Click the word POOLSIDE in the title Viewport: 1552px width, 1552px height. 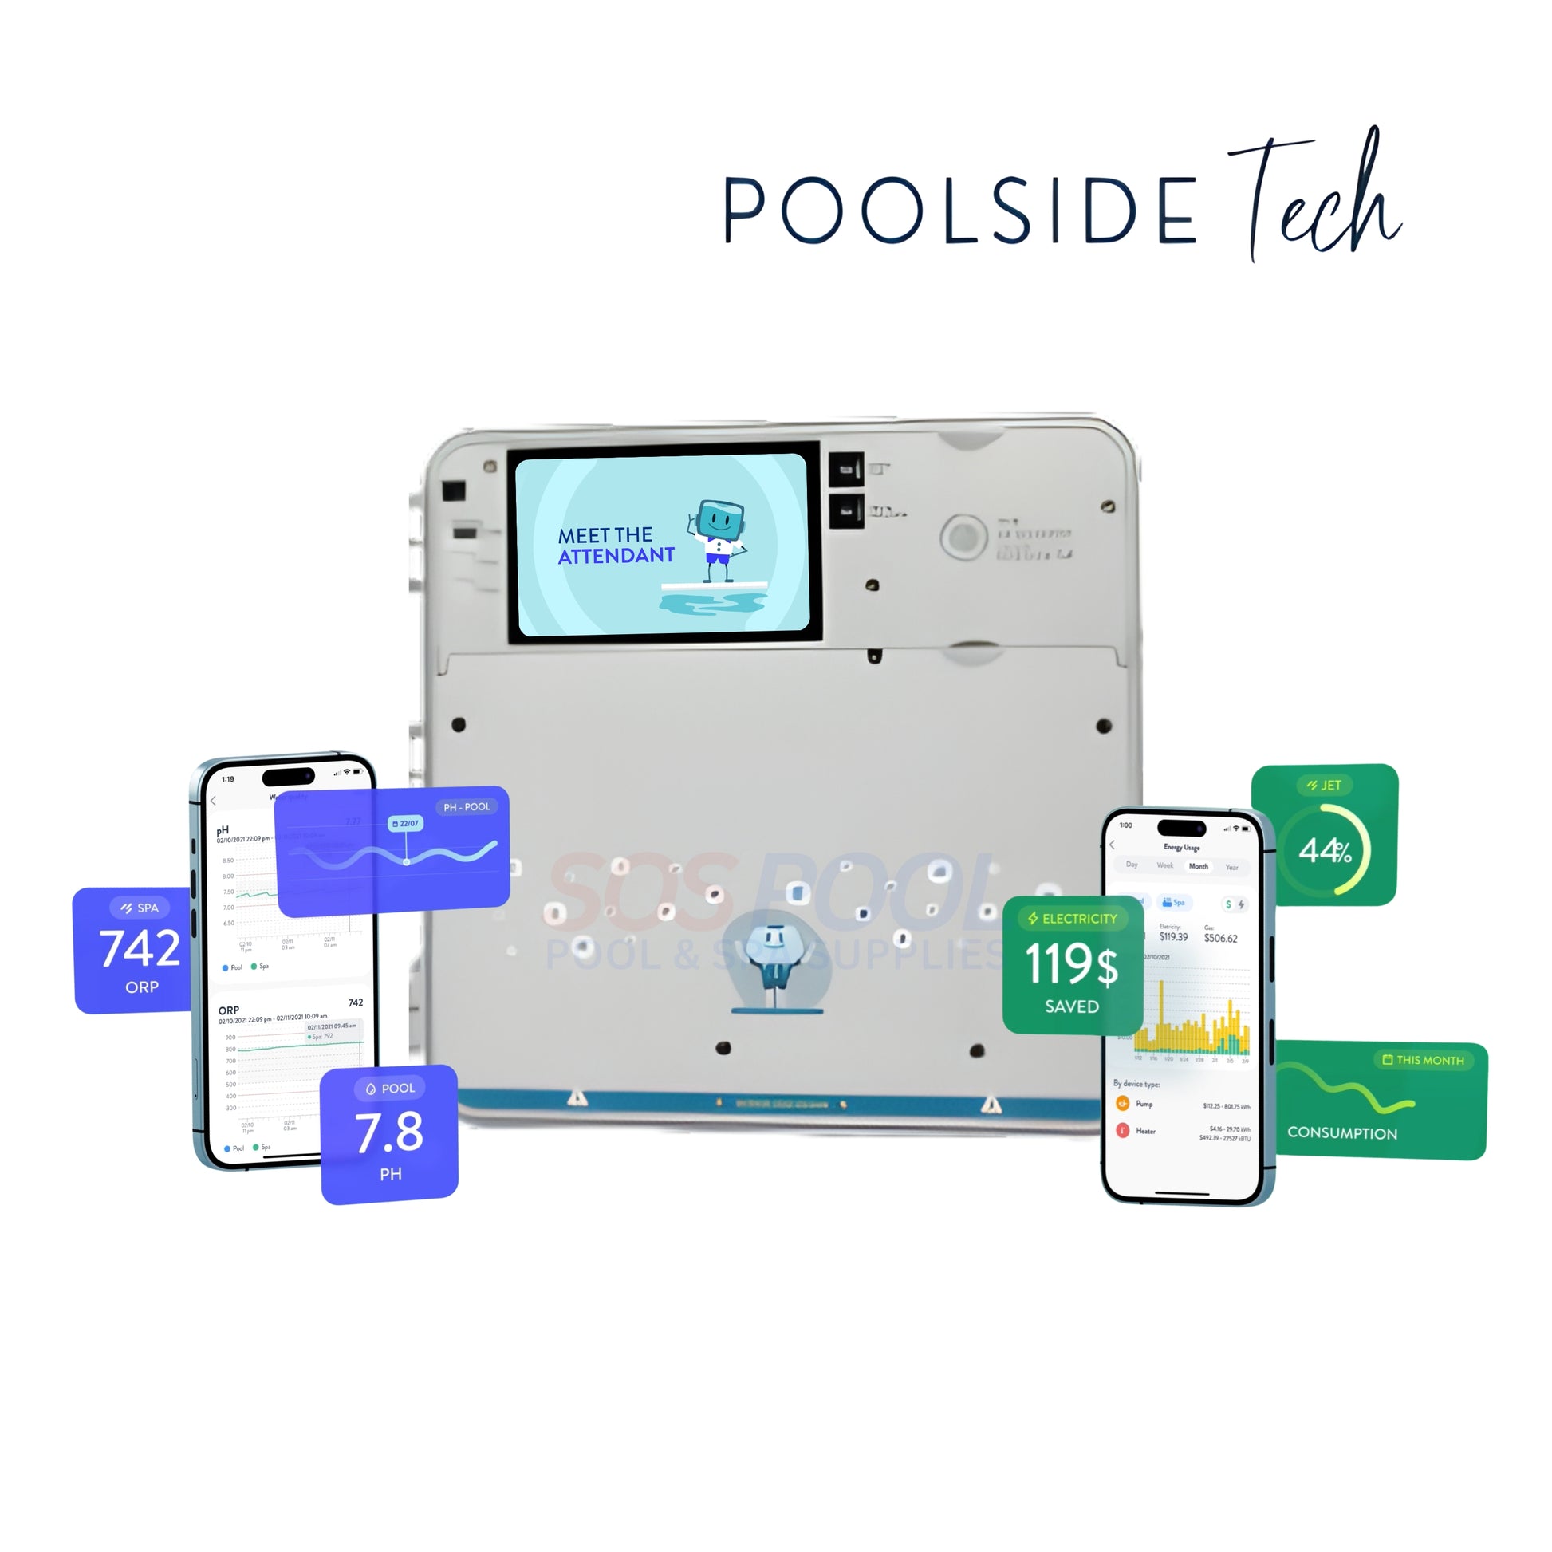point(960,211)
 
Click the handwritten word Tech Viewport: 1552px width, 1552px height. point(1318,197)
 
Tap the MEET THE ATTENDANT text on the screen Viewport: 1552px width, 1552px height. point(616,546)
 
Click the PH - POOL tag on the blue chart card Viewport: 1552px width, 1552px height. point(466,806)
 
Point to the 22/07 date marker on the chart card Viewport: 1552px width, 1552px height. point(406,823)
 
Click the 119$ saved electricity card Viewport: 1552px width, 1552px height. point(1072,965)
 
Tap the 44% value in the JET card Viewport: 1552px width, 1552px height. point(1325,850)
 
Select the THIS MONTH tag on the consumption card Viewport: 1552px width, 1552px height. point(1423,1060)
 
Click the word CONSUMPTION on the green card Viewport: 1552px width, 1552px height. point(1341,1132)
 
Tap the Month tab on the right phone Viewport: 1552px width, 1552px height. point(1198,866)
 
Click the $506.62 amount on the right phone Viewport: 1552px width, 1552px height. point(1220,938)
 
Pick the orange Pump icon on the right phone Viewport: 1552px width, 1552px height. point(1122,1103)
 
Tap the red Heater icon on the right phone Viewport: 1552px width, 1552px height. point(1122,1130)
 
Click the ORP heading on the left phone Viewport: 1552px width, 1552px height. point(229,1010)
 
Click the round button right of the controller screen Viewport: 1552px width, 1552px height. point(963,536)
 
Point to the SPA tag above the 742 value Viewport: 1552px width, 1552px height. point(140,908)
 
